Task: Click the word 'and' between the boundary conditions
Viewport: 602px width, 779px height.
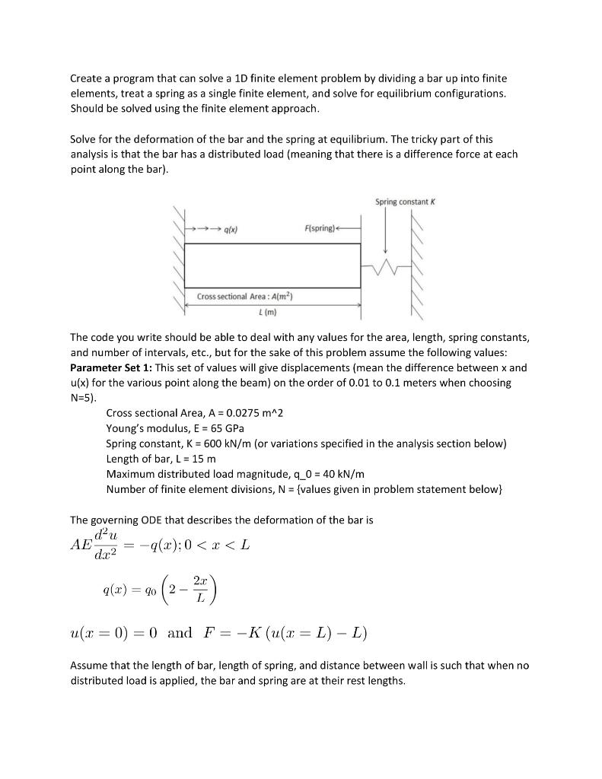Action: tap(180, 632)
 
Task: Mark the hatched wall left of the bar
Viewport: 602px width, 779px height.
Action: tap(181, 262)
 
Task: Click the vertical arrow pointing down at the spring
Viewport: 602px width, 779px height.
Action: tap(386, 231)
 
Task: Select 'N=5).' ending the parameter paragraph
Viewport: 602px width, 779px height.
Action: tap(83, 398)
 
